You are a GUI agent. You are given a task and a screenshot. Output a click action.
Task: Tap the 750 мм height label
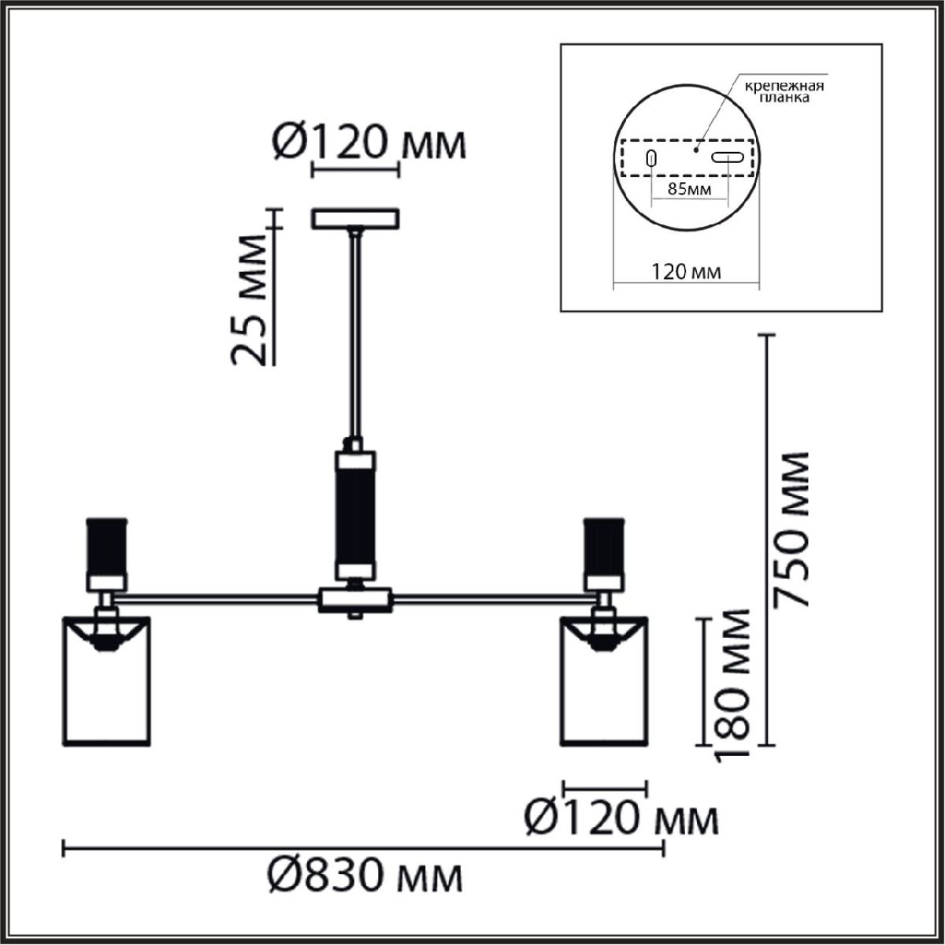791,530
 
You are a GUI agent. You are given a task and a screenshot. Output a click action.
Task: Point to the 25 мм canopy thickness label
248,299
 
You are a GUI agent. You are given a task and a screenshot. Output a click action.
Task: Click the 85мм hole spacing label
689,189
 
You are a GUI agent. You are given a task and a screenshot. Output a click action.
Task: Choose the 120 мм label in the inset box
686,271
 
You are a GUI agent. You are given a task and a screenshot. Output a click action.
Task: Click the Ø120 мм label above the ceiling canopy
369,143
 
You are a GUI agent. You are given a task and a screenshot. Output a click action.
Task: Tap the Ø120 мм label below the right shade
621,819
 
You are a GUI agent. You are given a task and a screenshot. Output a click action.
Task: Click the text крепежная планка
784,91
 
